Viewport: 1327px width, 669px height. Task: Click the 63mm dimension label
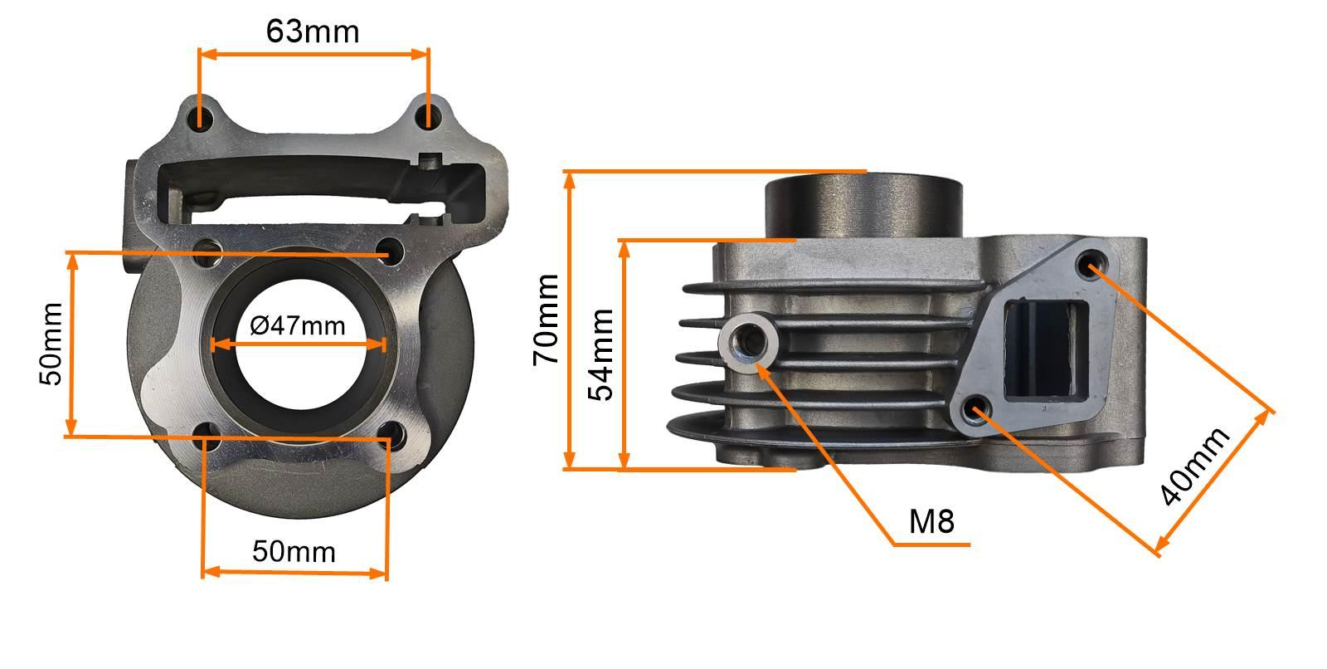click(x=312, y=32)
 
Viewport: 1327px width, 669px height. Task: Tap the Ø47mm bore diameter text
click(x=298, y=325)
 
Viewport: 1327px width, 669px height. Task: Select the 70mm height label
click(x=546, y=320)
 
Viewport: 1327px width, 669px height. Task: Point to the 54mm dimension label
click(x=600, y=354)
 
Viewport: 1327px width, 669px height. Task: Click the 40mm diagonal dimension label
click(x=1194, y=466)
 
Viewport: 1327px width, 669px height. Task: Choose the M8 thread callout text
click(x=931, y=521)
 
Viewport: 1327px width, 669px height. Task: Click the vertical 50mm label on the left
click(x=51, y=344)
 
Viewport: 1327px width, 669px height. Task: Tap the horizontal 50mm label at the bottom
click(x=294, y=552)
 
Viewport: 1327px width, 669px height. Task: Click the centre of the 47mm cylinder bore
click(x=301, y=348)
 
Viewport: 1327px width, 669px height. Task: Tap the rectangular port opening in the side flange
click(x=1047, y=349)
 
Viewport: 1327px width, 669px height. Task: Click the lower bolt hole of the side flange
click(x=975, y=410)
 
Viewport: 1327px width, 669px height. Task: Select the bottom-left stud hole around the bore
click(x=207, y=437)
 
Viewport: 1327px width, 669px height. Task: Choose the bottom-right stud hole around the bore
click(x=391, y=435)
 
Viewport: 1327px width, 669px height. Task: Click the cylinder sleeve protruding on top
click(x=863, y=207)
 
